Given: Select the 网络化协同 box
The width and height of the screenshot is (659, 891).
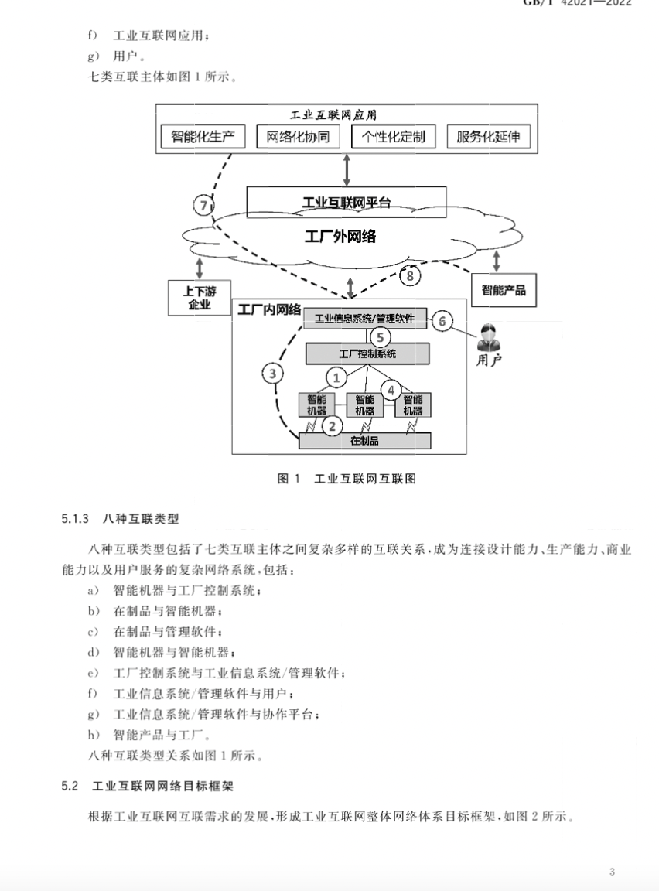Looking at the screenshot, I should tap(298, 137).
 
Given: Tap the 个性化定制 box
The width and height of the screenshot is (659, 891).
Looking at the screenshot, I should tap(393, 137).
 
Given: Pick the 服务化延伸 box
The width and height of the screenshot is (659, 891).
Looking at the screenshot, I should tap(488, 137).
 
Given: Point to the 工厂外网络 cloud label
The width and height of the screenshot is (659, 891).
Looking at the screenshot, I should tap(340, 236).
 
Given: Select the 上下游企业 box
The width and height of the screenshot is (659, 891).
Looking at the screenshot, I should tap(200, 298).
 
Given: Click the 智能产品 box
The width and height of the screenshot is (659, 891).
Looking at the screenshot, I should tap(504, 290).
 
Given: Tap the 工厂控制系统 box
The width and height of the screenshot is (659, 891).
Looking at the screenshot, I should tap(367, 353).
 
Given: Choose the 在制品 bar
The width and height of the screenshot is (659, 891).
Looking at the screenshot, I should tap(364, 440).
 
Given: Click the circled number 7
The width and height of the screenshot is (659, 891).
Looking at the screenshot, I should tap(203, 205).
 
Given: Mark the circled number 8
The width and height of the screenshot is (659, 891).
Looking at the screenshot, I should tap(410, 275).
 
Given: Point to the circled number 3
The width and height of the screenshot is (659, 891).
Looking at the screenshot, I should tap(271, 374).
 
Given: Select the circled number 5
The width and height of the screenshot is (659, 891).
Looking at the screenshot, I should tap(379, 336).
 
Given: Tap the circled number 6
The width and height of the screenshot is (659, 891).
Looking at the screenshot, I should tap(442, 320).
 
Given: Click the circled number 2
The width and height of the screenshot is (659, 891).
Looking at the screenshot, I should tap(332, 425).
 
